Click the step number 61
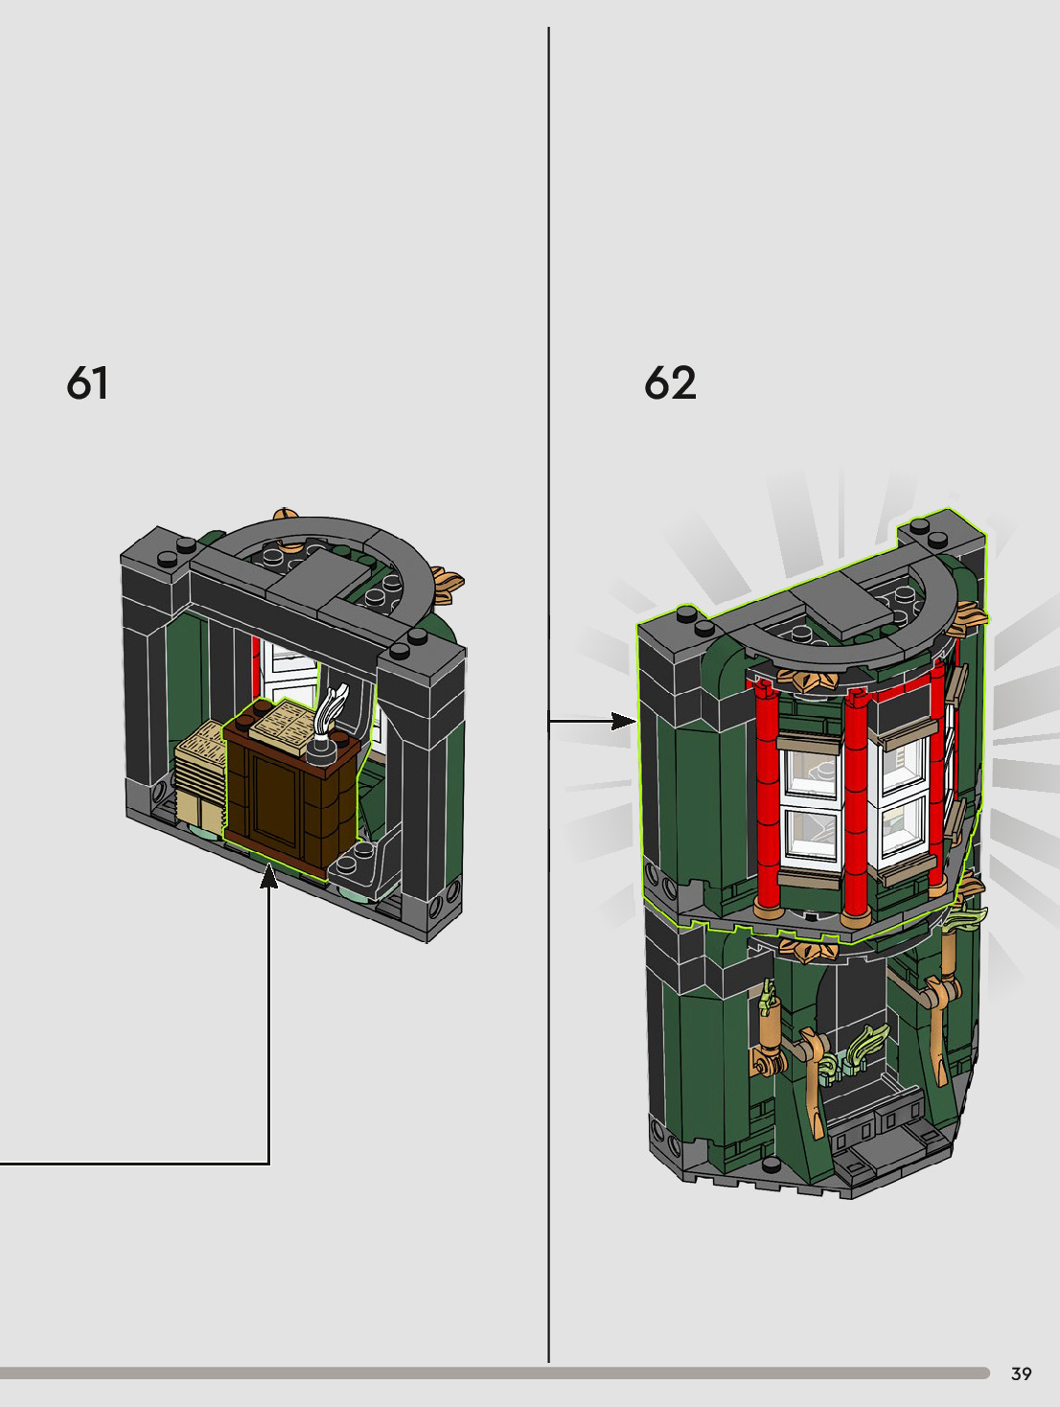[87, 383]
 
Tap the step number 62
[670, 383]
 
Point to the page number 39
[1022, 1373]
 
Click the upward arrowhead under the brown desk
[269, 877]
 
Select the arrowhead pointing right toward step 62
[624, 721]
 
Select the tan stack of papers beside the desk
[200, 775]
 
